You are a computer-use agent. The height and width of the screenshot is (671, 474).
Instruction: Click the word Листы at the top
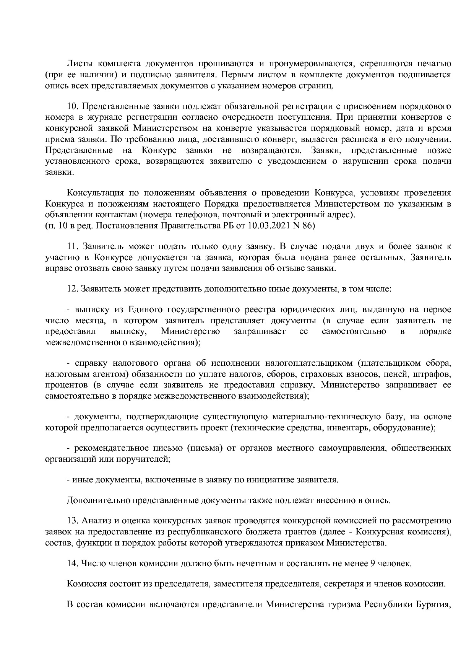coord(79,64)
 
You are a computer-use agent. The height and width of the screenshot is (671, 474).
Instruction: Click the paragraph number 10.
coord(73,106)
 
